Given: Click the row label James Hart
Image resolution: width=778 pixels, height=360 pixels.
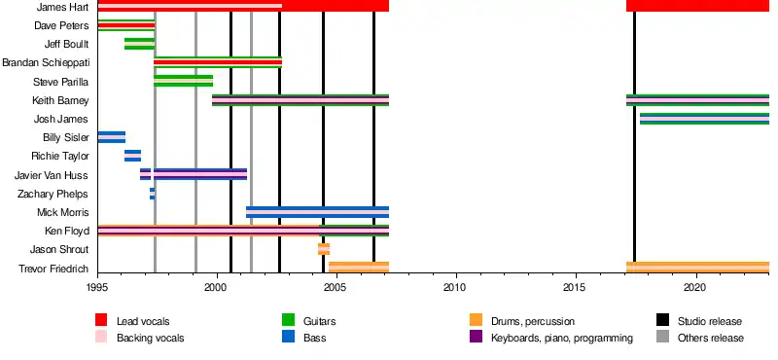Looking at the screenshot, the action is tap(62, 7).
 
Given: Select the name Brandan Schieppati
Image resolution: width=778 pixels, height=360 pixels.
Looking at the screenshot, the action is tap(46, 63).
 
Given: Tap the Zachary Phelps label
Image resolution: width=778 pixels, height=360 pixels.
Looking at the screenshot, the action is tap(53, 195).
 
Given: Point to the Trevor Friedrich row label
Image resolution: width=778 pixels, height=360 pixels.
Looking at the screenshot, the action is tap(53, 269).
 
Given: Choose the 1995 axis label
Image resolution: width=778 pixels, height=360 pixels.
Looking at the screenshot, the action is tap(98, 288).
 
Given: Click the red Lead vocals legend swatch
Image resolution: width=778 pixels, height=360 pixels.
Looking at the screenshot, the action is tap(101, 320).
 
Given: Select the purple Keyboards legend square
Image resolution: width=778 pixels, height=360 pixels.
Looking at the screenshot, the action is tap(476, 338).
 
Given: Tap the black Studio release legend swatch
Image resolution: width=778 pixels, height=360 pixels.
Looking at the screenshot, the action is tap(662, 320).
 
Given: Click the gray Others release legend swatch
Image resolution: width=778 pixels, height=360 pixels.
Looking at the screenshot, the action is tap(662, 338).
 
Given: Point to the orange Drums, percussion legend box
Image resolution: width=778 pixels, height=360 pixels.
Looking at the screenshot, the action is tap(476, 320).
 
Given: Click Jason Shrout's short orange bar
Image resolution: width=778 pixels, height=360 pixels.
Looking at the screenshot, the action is tap(324, 249).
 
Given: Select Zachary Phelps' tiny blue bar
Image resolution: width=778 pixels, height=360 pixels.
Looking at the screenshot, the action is tap(153, 194).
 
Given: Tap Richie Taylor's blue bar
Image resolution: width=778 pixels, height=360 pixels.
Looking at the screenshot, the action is tap(132, 156).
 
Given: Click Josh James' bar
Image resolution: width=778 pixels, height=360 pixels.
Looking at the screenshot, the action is tap(704, 119).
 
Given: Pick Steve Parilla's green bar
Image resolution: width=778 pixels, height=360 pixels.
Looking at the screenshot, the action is tap(183, 81).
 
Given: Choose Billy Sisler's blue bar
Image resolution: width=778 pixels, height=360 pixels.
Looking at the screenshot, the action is tap(112, 137).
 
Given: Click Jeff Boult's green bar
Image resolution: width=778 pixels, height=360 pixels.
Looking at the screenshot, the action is tap(139, 44).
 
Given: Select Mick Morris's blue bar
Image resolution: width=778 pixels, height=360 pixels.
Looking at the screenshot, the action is tap(318, 212).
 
